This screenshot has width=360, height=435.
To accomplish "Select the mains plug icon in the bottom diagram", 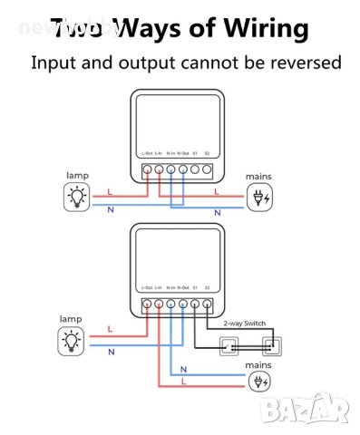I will click(x=259, y=382).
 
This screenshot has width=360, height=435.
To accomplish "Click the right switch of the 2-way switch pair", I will click(x=269, y=344).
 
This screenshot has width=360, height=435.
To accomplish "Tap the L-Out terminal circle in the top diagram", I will click(x=147, y=169).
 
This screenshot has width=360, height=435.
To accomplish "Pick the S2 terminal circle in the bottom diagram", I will click(x=208, y=304).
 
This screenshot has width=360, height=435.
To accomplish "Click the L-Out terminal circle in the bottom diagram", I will click(x=147, y=304).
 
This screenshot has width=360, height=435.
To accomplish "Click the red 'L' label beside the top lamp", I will click(x=110, y=191).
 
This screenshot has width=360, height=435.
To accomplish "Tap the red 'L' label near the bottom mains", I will click(x=184, y=383).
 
